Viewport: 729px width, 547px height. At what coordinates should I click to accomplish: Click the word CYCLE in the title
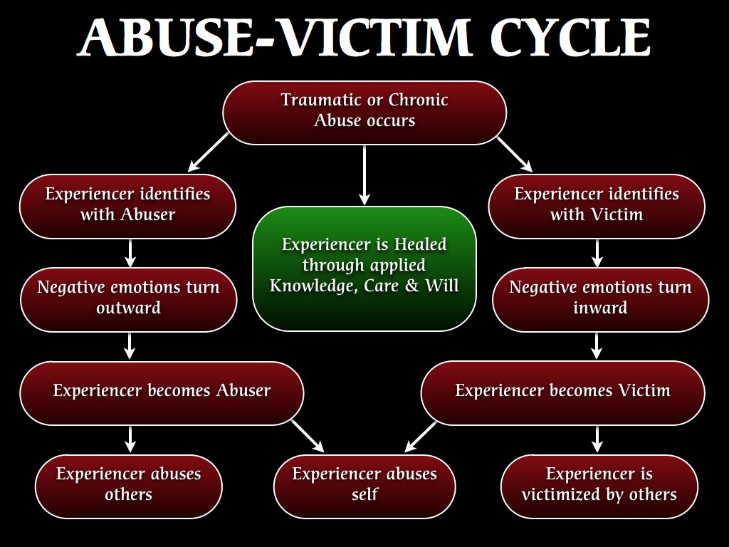pos(570,37)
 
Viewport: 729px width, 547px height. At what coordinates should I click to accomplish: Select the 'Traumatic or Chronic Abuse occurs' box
pos(364,113)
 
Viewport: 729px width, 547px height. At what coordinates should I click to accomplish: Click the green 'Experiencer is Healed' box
pos(364,269)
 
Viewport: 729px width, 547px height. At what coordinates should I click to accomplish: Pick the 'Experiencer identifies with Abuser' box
pos(128,207)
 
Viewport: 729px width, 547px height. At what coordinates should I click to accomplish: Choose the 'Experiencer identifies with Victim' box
pos(597,207)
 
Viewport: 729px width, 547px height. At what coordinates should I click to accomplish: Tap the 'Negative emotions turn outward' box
pos(129,300)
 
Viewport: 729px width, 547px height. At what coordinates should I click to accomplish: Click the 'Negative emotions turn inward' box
pos(600,300)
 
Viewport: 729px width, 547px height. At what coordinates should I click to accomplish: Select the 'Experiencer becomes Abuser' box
pos(162,393)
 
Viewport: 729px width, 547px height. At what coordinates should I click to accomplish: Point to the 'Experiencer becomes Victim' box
pos(563,393)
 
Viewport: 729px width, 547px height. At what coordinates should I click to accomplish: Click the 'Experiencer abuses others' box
pos(129,486)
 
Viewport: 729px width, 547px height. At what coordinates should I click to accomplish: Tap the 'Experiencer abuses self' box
pos(364,486)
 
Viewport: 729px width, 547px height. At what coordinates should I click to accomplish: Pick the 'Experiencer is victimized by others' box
pos(599,486)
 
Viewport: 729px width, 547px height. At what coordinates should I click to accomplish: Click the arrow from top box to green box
pos(364,175)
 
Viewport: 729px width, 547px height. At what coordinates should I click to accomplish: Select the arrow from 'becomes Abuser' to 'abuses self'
pos(308,436)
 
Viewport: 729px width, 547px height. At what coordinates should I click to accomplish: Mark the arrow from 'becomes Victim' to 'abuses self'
pos(420,437)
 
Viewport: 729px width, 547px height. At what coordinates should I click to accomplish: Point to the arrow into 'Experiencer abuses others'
pos(130,439)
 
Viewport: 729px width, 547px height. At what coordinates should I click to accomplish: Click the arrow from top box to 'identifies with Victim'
pos(515,155)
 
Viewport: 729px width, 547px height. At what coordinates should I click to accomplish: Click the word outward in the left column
pos(129,308)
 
